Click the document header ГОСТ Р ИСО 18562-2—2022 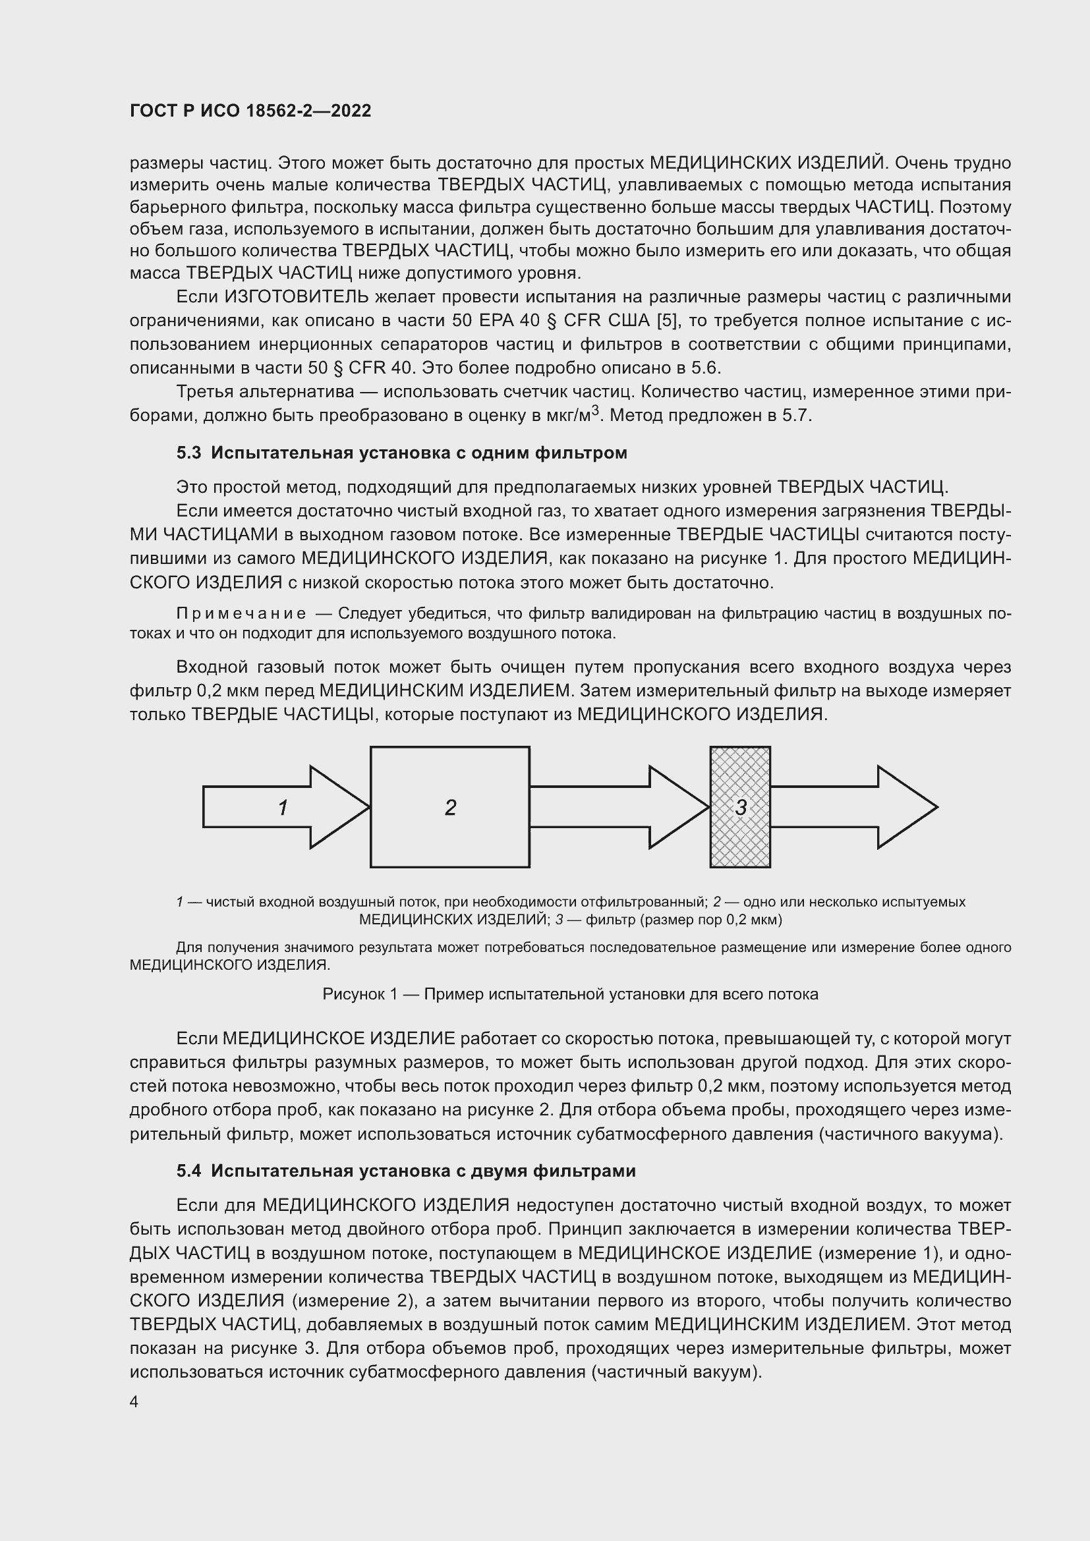[x=250, y=111]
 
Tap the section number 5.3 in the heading [x=188, y=453]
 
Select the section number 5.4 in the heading [x=188, y=1171]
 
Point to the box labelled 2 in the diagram [x=449, y=808]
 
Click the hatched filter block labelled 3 [x=740, y=808]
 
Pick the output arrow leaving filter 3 [x=852, y=808]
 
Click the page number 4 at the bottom [x=134, y=1402]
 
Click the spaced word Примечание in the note [x=241, y=613]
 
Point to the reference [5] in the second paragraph [x=666, y=321]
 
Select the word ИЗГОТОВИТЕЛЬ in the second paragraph [x=296, y=296]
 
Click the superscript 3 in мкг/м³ [x=594, y=410]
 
